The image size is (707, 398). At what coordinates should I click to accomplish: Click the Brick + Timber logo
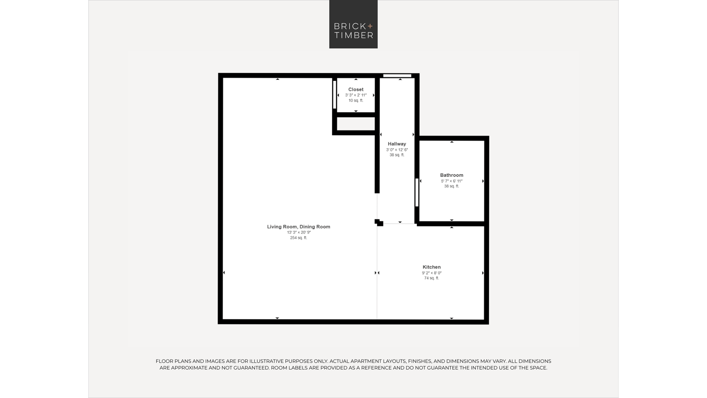point(353,24)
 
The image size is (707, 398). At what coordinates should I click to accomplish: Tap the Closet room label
point(356,90)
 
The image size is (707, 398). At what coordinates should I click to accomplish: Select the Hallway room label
point(397,144)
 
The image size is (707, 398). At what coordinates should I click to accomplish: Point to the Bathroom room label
point(451,175)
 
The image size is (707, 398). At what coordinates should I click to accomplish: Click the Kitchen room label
point(432,267)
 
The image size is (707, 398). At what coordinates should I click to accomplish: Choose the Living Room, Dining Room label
point(298,227)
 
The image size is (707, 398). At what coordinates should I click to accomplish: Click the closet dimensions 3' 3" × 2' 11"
point(356,95)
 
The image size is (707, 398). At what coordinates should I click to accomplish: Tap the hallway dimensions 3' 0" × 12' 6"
point(397,150)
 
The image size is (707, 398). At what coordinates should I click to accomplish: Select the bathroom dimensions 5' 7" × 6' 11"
point(451,181)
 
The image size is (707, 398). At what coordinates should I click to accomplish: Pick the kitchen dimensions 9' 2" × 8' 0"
point(432,273)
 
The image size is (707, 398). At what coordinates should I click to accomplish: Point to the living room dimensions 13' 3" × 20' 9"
point(299,232)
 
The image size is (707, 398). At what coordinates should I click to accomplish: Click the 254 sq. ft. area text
point(298,238)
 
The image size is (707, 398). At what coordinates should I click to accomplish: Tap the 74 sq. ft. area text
point(432,278)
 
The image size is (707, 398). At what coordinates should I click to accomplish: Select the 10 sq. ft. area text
point(356,100)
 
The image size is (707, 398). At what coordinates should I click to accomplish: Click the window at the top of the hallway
point(397,76)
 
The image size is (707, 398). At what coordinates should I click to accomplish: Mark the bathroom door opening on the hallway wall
point(417,192)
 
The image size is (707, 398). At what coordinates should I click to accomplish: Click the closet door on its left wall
point(334,95)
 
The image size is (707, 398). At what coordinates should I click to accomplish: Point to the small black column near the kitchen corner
point(379,223)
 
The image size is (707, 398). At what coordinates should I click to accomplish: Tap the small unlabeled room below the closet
point(356,124)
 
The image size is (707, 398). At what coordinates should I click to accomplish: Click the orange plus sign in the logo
point(370,26)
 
